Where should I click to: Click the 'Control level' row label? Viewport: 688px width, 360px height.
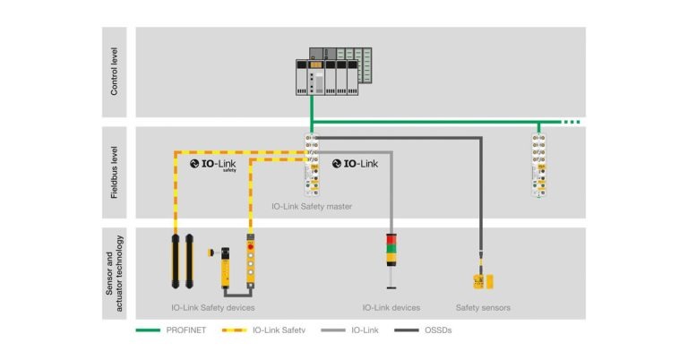tap(114, 72)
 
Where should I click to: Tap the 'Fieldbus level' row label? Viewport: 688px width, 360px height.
tap(114, 173)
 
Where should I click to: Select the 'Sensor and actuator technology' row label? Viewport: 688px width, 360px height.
tap(114, 272)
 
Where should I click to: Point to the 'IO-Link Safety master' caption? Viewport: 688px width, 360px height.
tap(312, 207)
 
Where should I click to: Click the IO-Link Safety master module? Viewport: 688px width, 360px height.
tap(312, 166)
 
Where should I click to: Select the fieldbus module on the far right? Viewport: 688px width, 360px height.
tap(538, 166)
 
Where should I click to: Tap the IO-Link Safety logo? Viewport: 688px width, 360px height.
tap(216, 164)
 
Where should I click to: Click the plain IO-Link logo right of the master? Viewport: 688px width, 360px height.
tap(356, 164)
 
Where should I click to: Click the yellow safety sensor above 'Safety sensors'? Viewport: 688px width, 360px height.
tap(483, 280)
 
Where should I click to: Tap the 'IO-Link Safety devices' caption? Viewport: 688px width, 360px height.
tap(211, 308)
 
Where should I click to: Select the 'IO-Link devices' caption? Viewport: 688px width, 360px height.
tap(391, 308)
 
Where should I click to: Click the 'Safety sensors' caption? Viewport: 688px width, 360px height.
tap(483, 308)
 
